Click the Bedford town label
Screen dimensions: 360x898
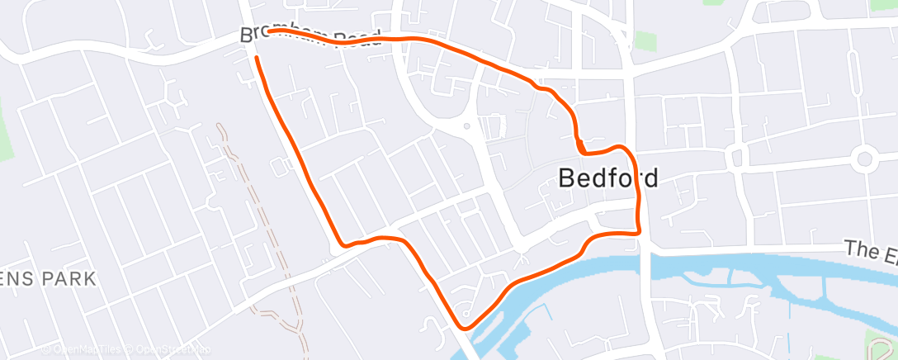pyautogui.click(x=608, y=178)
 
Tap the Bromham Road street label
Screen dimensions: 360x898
pyautogui.click(x=310, y=36)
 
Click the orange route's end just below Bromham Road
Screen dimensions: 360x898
pyautogui.click(x=257, y=58)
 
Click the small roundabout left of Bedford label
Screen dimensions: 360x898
pyautogui.click(x=466, y=126)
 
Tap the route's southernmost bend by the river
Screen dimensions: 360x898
pyautogui.click(x=465, y=327)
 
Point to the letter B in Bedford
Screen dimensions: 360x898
pyautogui.click(x=567, y=178)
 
